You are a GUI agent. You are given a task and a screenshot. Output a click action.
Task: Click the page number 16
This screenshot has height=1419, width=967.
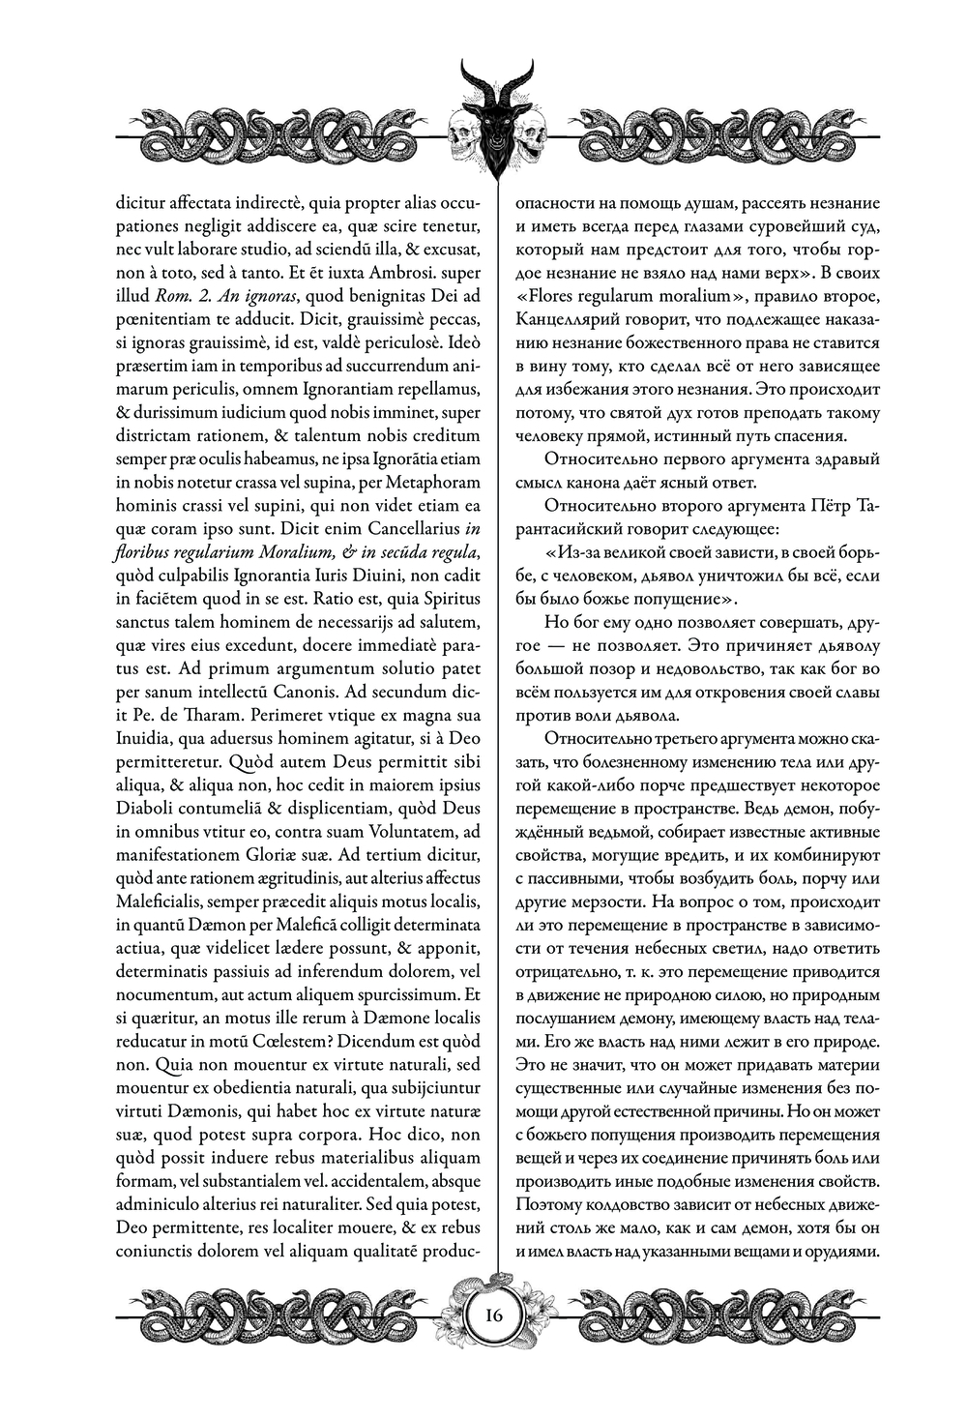click(x=493, y=1316)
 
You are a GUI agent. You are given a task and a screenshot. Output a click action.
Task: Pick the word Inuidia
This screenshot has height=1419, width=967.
click(x=147, y=739)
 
